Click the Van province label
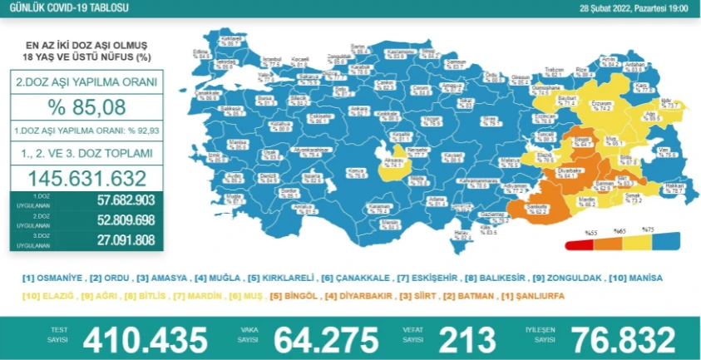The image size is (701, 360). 663,151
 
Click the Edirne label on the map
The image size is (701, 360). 200,52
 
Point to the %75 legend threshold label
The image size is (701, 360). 649,229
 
